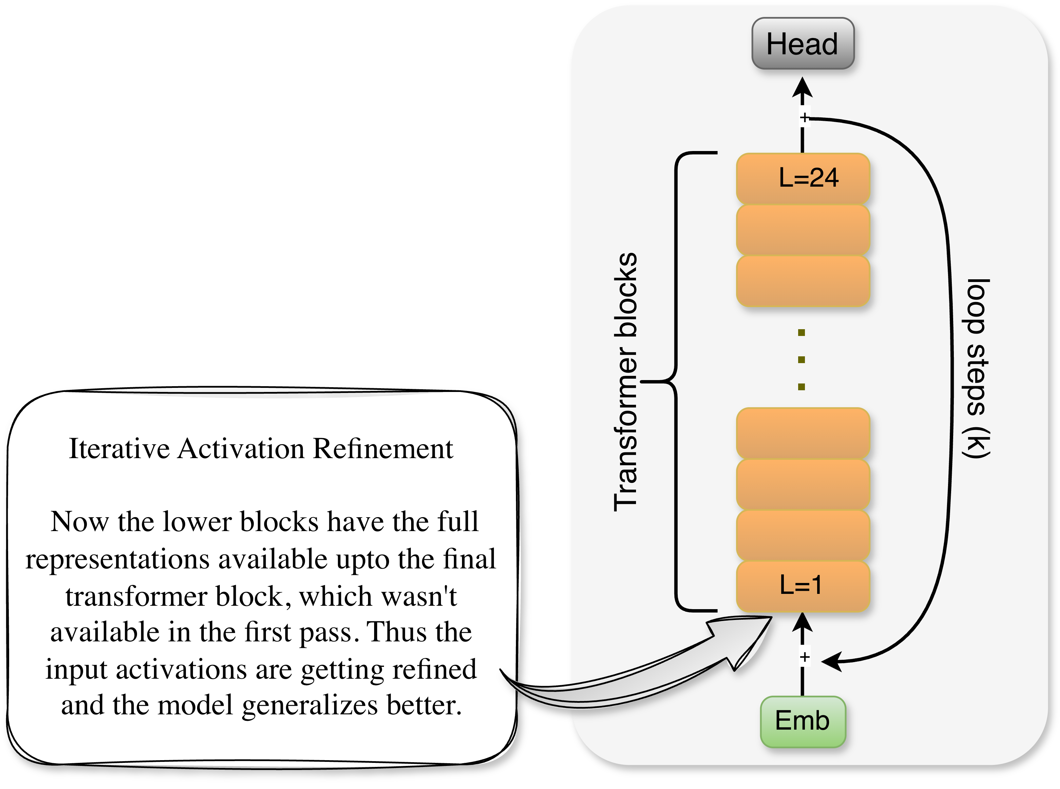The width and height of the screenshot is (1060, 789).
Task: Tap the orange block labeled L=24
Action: point(803,178)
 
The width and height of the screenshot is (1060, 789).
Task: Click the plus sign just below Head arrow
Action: point(804,117)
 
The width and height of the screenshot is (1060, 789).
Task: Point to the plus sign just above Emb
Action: point(805,658)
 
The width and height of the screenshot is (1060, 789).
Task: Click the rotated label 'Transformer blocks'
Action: point(625,382)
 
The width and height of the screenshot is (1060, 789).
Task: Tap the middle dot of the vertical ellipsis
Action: point(801,360)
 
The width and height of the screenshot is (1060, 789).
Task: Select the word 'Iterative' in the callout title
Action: point(119,449)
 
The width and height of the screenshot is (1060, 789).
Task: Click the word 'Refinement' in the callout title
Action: point(383,449)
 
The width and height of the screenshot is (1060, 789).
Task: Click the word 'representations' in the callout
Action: point(117,560)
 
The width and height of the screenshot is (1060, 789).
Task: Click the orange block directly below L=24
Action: point(803,229)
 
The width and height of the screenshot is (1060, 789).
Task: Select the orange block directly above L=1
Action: point(803,535)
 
